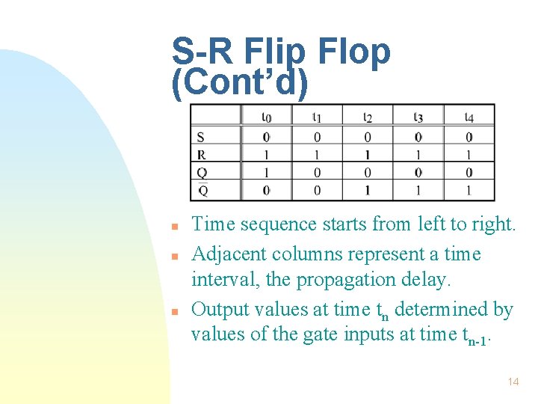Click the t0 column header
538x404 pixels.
point(267,117)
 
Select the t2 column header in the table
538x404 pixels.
point(368,117)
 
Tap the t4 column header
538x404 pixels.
point(469,117)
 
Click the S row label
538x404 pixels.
point(200,137)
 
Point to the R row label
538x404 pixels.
point(201,155)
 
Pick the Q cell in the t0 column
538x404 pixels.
point(267,173)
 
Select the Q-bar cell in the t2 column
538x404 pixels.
point(368,191)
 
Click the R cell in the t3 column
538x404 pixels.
point(418,155)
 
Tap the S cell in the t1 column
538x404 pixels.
point(317,137)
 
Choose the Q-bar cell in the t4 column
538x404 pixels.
point(469,191)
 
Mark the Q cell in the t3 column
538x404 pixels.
point(418,173)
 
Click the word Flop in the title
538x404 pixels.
point(354,52)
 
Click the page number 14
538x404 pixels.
point(513,382)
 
